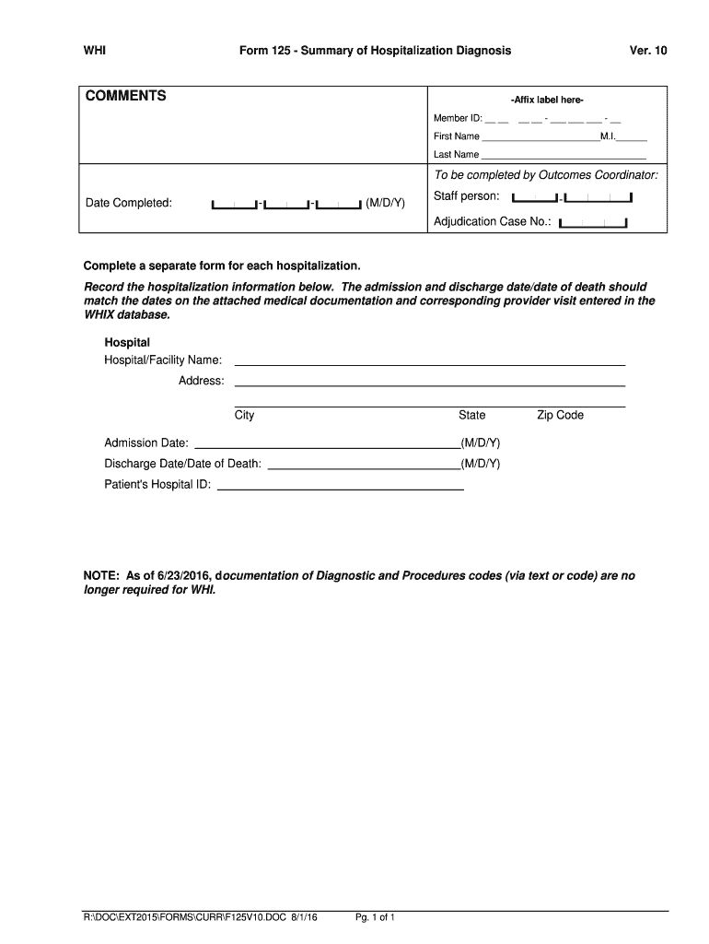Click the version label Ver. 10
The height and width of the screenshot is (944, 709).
pos(648,51)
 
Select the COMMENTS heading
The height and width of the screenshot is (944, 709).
pos(126,96)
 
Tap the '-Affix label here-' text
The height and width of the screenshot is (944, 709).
pos(547,100)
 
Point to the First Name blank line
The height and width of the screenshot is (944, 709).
pos(540,138)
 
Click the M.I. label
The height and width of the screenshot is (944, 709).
pos(608,136)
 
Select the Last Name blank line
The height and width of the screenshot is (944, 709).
pos(564,157)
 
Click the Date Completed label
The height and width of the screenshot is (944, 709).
pos(129,203)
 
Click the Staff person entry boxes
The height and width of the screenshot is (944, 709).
pos(572,197)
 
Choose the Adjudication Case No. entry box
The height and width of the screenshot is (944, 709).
pos(593,222)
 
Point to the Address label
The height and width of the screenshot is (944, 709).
pos(201,381)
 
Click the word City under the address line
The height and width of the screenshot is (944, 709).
pos(244,415)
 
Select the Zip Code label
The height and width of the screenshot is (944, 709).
pos(560,415)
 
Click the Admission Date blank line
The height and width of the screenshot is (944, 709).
pos(326,447)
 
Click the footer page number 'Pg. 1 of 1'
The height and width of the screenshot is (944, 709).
pos(375,918)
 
